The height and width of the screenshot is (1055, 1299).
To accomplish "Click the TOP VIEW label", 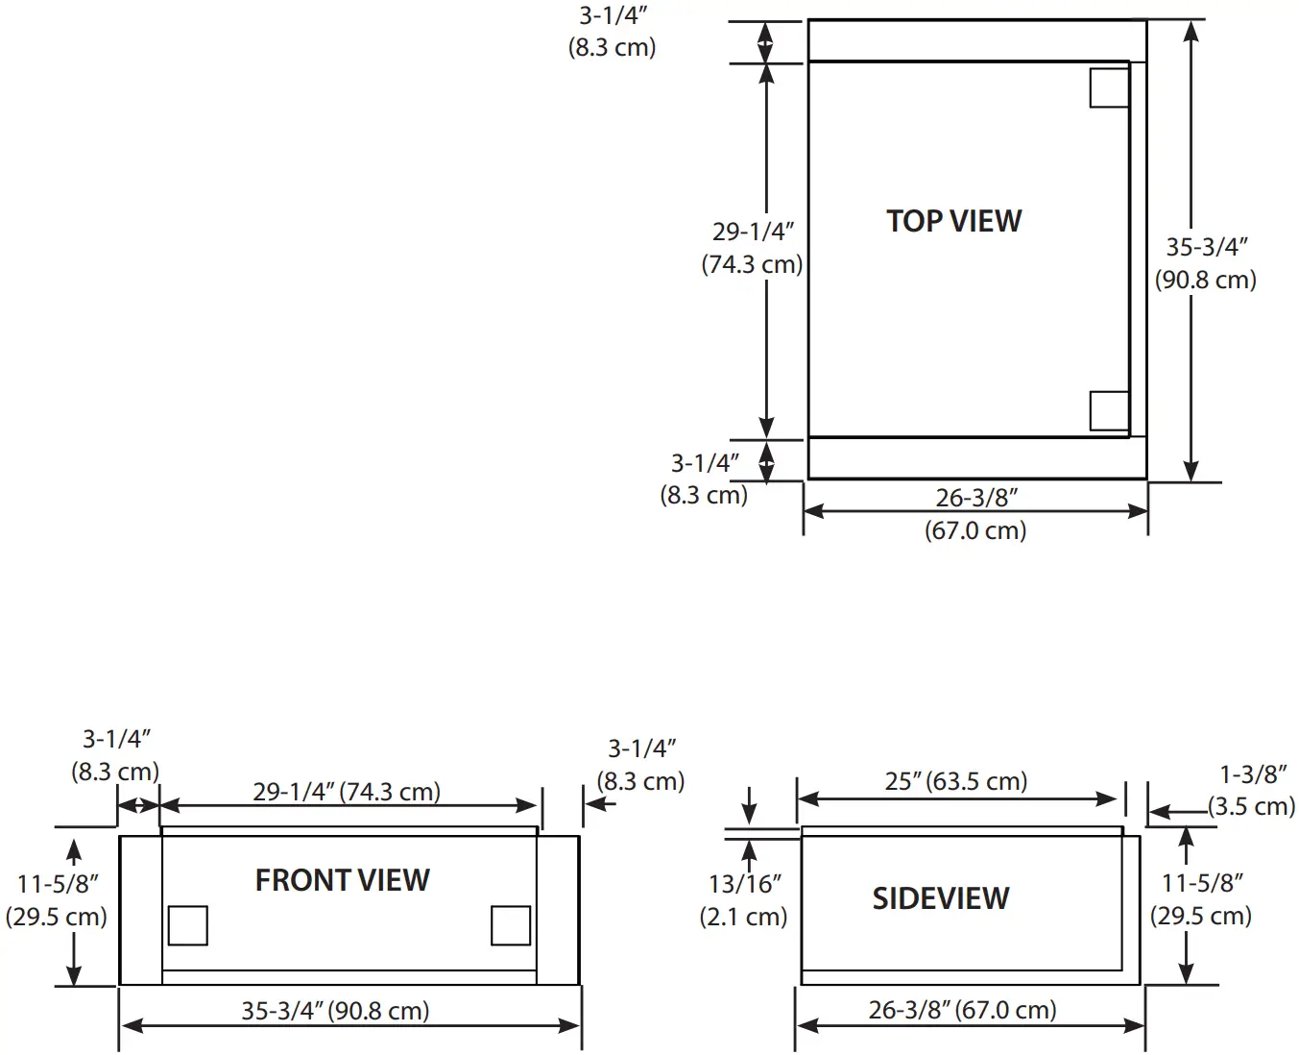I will click(x=953, y=221).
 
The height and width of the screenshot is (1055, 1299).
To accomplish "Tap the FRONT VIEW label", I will click(x=342, y=880).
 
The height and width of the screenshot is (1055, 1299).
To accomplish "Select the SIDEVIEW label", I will click(x=940, y=898).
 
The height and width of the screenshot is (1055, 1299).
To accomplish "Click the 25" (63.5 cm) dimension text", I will click(x=955, y=781).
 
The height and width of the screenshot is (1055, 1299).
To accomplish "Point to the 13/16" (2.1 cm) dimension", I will click(x=743, y=899).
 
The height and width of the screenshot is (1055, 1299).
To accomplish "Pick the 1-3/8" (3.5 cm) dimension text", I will click(x=1252, y=790).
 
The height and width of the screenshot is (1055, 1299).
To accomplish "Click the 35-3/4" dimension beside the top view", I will click(x=1206, y=263).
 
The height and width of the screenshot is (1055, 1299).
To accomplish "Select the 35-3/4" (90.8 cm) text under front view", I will click(x=335, y=1011).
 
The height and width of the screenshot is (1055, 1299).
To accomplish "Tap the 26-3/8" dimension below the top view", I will click(x=975, y=514).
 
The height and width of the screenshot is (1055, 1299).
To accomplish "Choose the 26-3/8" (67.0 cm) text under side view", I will click(x=962, y=1010).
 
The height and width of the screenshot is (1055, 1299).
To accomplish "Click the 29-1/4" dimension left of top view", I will click(x=752, y=248).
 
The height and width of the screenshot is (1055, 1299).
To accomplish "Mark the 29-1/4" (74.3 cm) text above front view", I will click(x=347, y=792).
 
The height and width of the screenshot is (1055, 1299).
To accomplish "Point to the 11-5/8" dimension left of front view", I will click(x=57, y=899).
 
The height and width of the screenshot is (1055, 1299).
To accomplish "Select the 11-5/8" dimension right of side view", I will click(x=1202, y=899).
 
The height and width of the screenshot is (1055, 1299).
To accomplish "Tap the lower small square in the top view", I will click(x=1109, y=411).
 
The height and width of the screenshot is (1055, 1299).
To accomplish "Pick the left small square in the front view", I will click(x=187, y=925).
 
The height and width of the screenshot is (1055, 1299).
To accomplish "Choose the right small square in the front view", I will click(x=510, y=925).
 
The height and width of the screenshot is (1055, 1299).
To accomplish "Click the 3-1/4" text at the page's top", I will click(x=613, y=31).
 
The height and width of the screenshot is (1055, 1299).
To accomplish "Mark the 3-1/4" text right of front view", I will click(x=641, y=765).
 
